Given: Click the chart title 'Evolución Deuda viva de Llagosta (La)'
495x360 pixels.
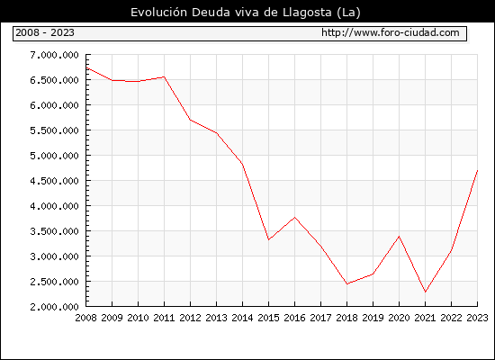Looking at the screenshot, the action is pos(246,13).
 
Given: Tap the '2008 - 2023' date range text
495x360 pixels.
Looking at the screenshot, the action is pos(45,32).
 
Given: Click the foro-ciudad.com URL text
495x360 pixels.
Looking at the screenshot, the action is pos(391,32).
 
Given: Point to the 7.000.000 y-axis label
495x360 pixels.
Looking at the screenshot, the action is pos(54,55).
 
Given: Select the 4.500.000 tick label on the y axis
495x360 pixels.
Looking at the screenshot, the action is pos(54,181).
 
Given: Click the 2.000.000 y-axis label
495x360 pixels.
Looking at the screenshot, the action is pos(54,307).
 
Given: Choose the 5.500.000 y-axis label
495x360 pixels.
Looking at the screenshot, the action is pos(54,130).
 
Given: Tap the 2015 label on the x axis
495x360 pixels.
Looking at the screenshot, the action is pos(268,318).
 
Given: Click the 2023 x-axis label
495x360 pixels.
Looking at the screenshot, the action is pos(477,318).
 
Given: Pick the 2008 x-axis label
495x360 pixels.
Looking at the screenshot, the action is pos(85,318).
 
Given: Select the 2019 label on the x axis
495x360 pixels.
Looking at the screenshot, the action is pos(373,318).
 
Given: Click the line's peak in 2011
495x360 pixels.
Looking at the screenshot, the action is pos(164,76).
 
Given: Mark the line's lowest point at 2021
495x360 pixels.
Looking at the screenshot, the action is pos(425,292).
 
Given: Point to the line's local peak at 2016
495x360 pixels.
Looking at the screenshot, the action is pos(294,217).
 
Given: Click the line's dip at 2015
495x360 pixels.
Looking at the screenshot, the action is pos(268,239).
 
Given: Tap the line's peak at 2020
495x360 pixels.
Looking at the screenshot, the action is pos(399,236).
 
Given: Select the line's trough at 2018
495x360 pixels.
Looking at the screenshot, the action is pos(346,283).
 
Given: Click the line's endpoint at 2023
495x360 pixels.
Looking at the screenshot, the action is pos(477,170).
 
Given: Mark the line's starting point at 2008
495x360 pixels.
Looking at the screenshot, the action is pos(86,67).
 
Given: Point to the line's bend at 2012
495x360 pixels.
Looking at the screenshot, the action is pos(190,120).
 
